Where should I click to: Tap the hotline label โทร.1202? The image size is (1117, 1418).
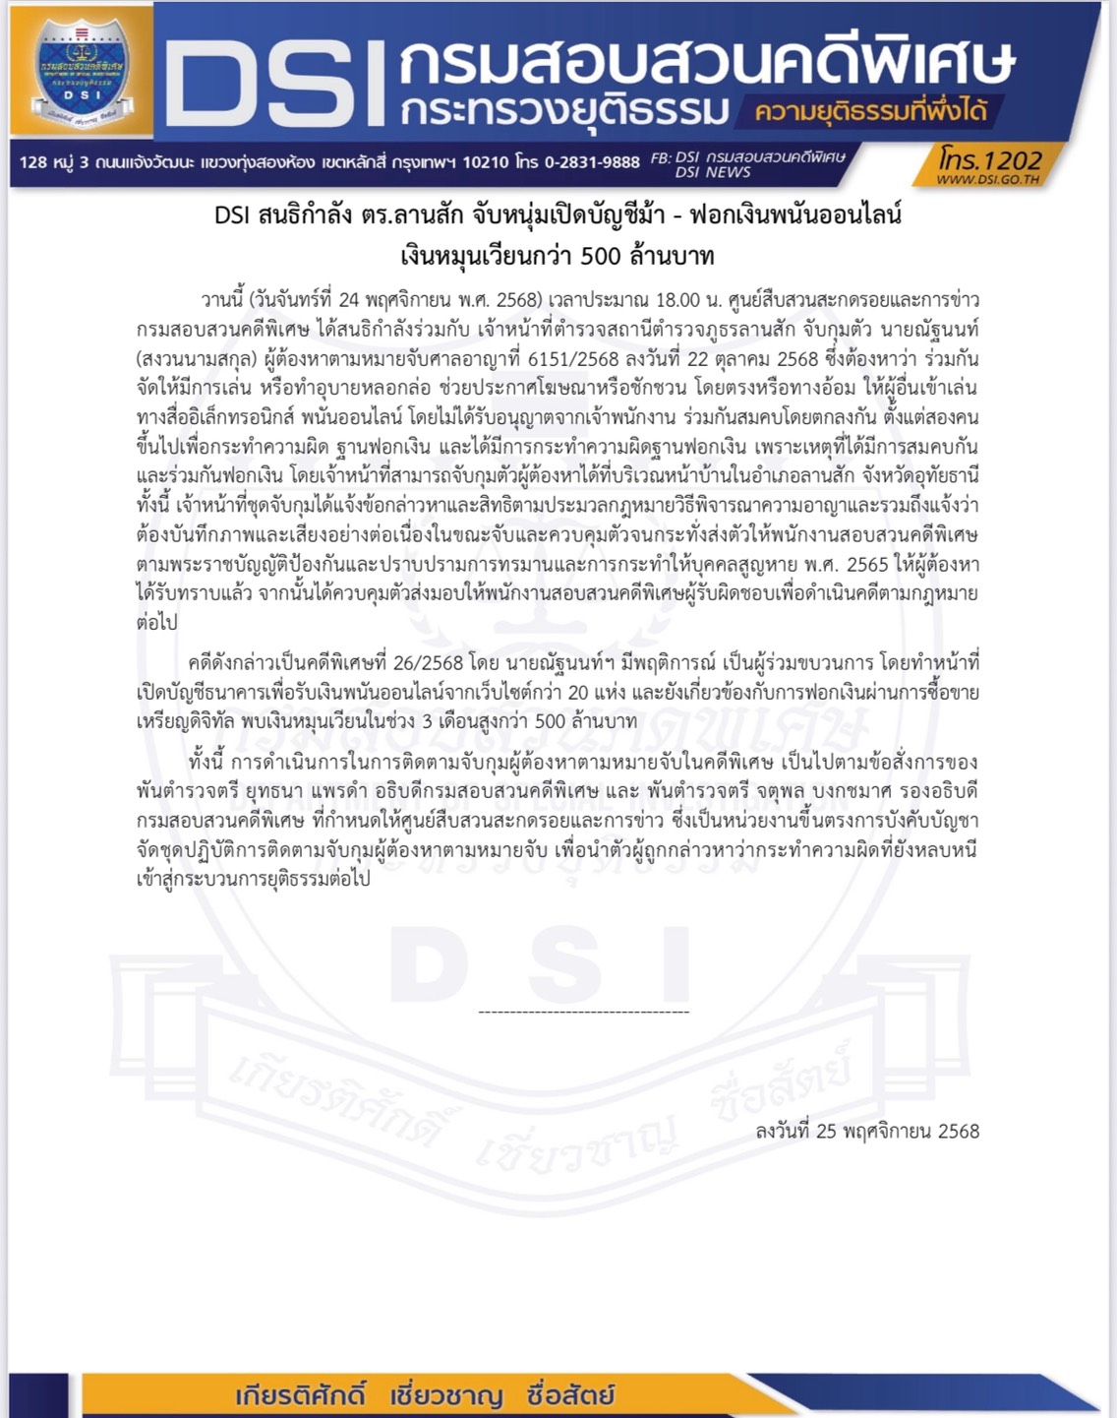click(x=988, y=158)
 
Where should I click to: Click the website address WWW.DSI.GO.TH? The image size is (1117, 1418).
click(x=987, y=180)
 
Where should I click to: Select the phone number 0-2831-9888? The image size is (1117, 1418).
click(x=592, y=162)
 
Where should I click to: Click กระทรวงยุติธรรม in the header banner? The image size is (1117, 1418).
click(x=564, y=111)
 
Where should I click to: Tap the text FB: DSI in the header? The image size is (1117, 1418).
click(x=676, y=157)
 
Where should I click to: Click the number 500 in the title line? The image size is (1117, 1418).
click(x=600, y=257)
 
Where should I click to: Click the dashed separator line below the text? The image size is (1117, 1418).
click(x=583, y=1012)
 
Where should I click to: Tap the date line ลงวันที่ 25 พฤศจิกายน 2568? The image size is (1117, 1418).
click(x=867, y=1132)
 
